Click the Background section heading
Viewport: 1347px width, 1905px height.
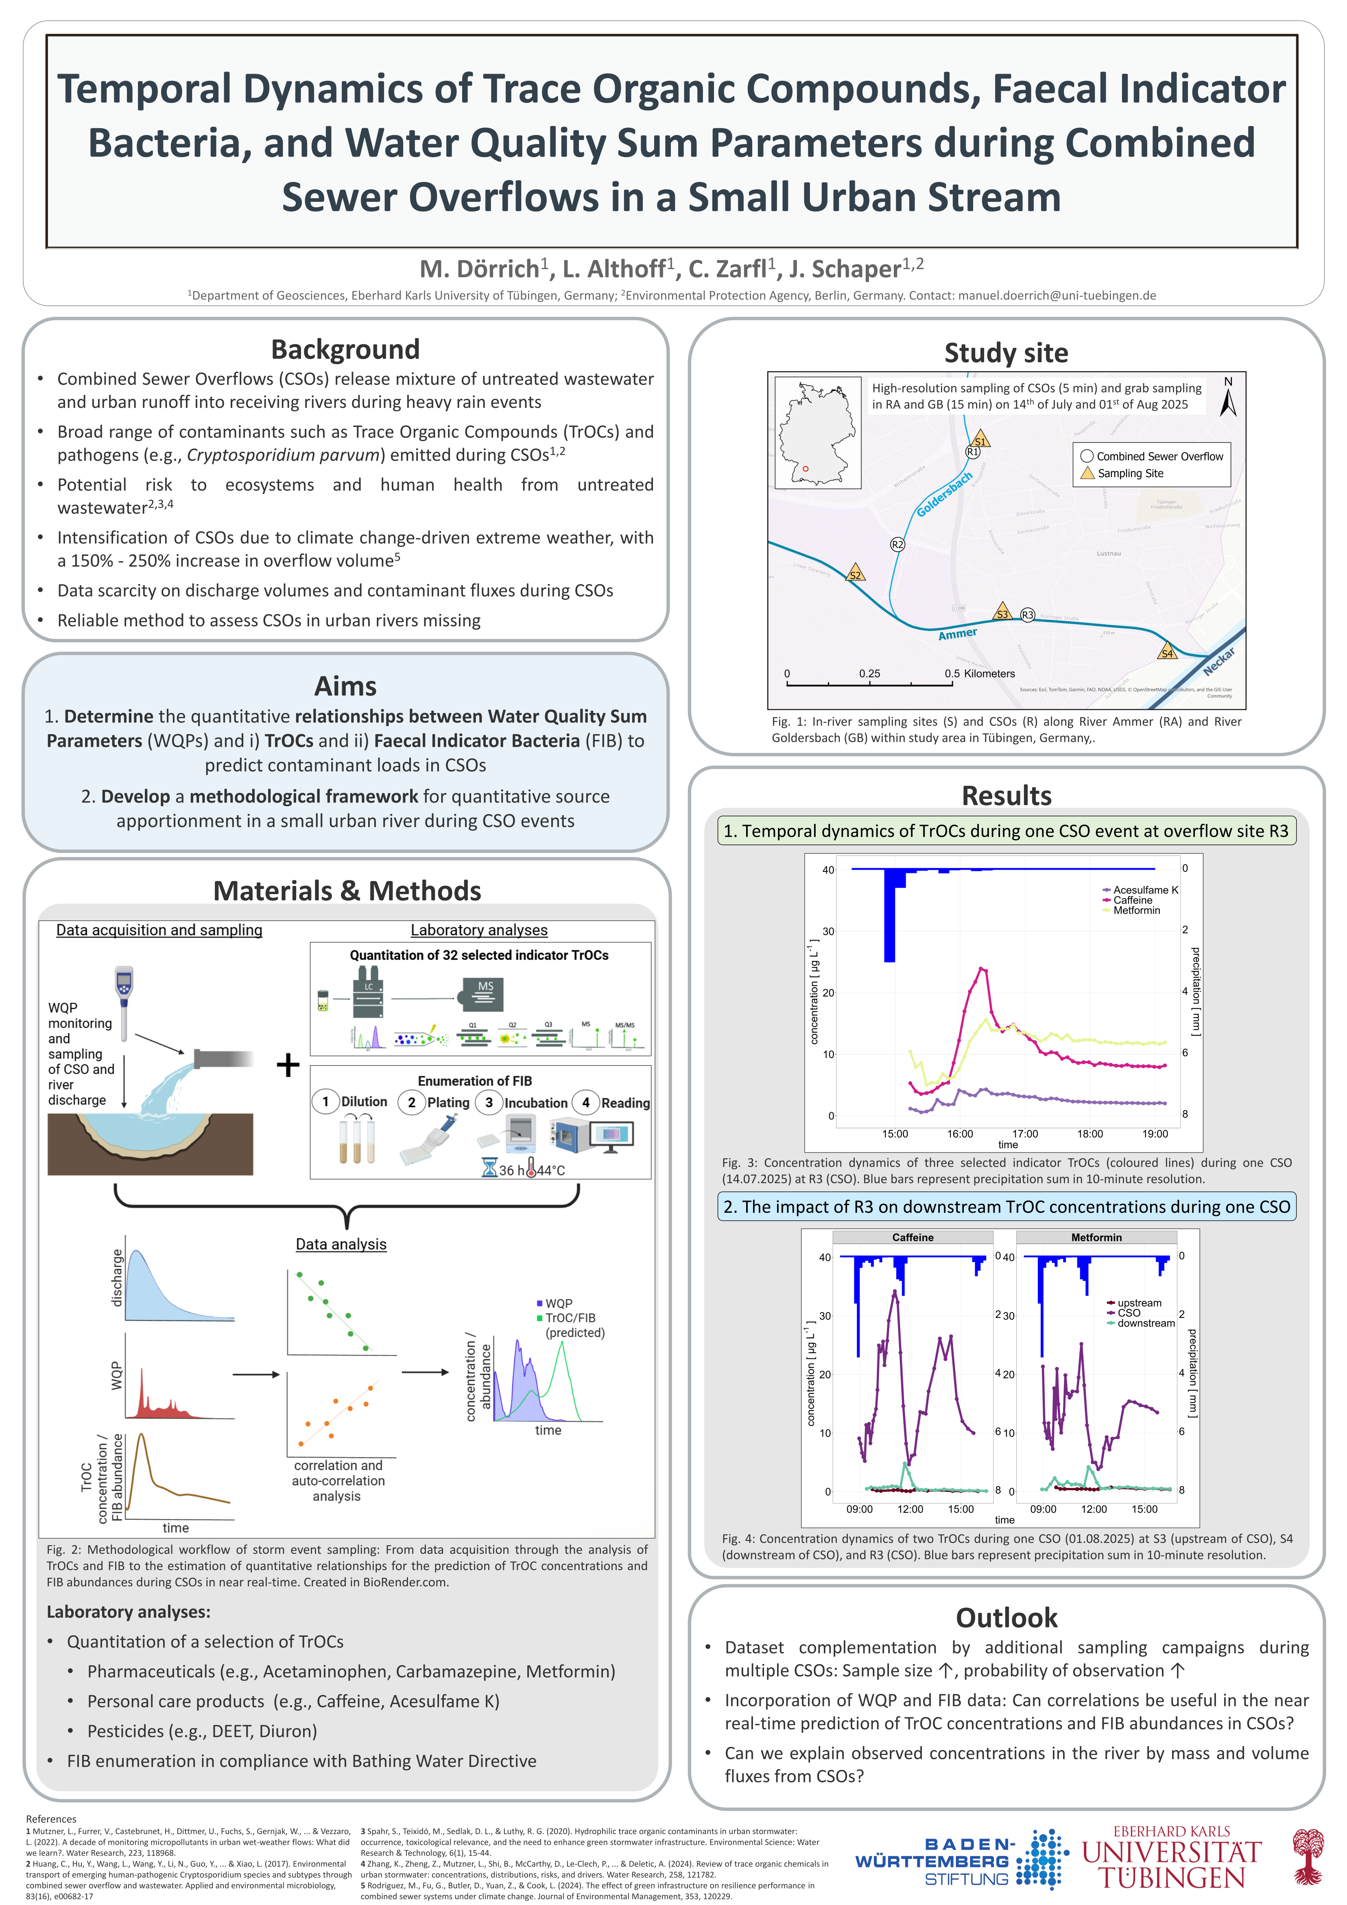tap(345, 349)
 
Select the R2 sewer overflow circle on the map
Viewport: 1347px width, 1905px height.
tap(897, 544)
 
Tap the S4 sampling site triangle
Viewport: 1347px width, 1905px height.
tap(1167, 651)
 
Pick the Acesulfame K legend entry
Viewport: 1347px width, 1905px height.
tap(1145, 890)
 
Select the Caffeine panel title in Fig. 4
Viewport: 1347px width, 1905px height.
tap(913, 1237)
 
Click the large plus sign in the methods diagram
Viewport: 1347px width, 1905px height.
tap(288, 1065)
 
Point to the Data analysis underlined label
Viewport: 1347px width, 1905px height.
tap(341, 1244)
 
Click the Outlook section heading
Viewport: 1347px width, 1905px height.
tap(1006, 1617)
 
